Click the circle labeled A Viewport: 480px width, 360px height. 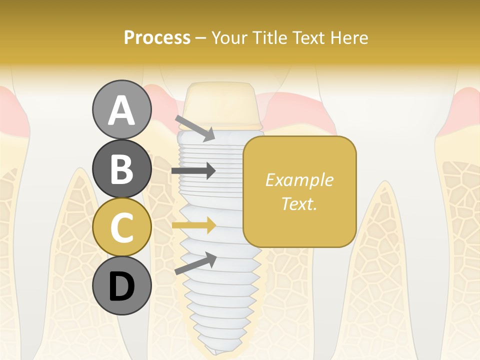click(122, 110)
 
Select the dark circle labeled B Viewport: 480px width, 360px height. click(122, 169)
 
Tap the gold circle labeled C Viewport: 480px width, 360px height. click(122, 227)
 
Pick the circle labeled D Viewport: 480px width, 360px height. click(122, 286)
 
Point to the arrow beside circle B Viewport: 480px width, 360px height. click(193, 171)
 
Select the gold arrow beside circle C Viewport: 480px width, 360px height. click(193, 225)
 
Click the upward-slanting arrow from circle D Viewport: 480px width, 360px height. click(195, 263)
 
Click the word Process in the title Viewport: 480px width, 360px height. click(157, 37)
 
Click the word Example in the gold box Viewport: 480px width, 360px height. click(299, 180)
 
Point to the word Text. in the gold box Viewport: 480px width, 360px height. click(299, 203)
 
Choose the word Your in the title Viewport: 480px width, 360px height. click(229, 37)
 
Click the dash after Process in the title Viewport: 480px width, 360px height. click(201, 38)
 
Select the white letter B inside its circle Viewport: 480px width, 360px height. click(122, 169)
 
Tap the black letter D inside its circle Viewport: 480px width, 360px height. click(122, 286)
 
